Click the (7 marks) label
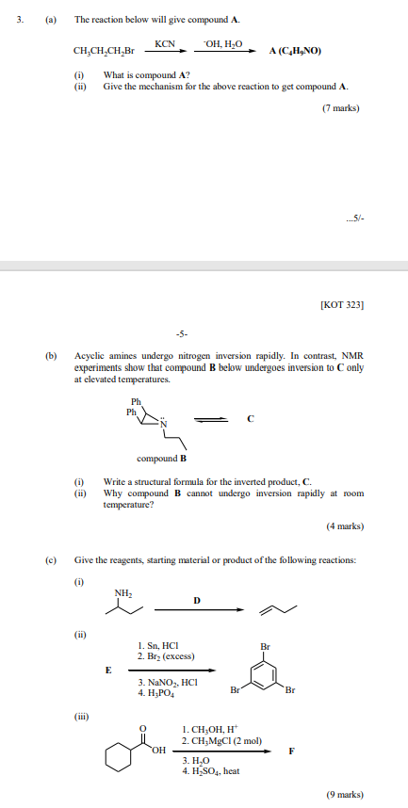click(x=341, y=108)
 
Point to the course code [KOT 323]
click(x=342, y=304)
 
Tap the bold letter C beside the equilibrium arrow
click(x=250, y=421)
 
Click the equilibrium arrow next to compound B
click(x=209, y=421)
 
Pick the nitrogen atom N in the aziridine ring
click(x=162, y=425)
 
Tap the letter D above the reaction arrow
click(x=196, y=600)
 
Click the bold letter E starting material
click(x=107, y=670)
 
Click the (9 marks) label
click(x=344, y=795)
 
